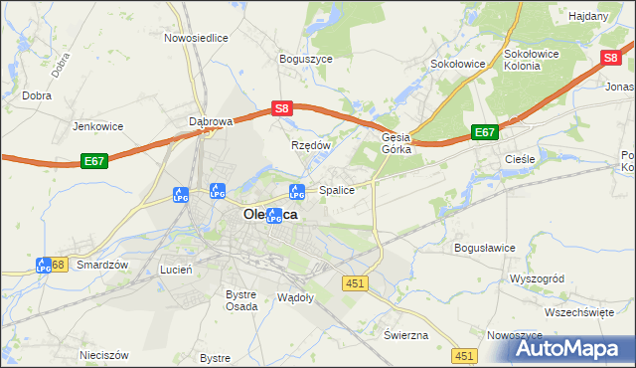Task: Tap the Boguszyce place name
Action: [x=305, y=59]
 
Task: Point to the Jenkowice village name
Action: [x=97, y=126]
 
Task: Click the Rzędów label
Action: [x=310, y=145]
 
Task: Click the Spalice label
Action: [x=337, y=189]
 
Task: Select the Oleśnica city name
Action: [x=270, y=213]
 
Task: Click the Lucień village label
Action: [x=176, y=270]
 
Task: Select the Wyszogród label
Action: [x=537, y=279]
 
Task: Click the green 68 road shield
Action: [x=59, y=265]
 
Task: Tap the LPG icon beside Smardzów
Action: [x=44, y=266]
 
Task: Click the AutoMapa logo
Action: [x=561, y=347]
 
